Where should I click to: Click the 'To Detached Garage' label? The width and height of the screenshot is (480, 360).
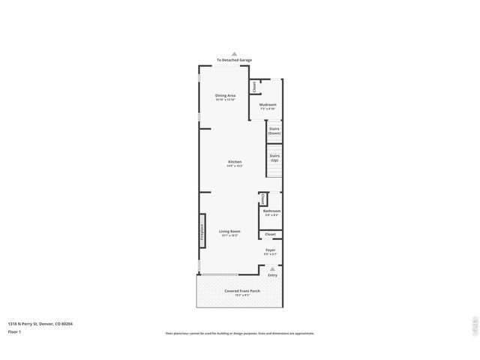(x=234, y=60)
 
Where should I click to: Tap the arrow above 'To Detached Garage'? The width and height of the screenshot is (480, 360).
(x=234, y=54)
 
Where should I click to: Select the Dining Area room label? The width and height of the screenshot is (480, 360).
(x=225, y=96)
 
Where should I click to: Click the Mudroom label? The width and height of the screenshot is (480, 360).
(x=268, y=105)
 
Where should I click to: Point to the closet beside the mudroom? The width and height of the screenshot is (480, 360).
(x=254, y=86)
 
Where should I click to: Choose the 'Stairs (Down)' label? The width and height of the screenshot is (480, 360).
(x=274, y=131)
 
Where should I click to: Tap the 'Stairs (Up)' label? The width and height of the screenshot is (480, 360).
(x=274, y=158)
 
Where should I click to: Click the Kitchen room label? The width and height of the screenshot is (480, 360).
(x=235, y=163)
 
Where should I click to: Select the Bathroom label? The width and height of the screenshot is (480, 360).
(x=271, y=212)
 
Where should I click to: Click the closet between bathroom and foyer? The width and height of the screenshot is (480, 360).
(x=270, y=234)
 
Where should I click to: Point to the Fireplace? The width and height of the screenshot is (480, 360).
(x=202, y=232)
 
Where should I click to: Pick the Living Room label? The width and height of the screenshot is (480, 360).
(x=229, y=232)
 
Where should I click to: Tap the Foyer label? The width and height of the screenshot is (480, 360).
(x=270, y=250)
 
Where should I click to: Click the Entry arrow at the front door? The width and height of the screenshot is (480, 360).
(x=272, y=268)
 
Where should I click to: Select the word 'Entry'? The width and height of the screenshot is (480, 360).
(x=272, y=274)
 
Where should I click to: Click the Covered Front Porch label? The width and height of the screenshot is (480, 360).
(x=242, y=291)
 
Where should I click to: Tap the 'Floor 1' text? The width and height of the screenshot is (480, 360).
(x=15, y=331)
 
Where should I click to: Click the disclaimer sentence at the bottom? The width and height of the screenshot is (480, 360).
(x=240, y=334)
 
